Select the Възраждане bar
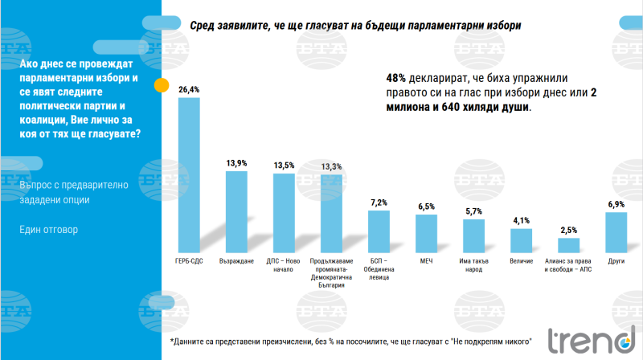coord(236,212)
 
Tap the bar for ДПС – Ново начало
coord(284,214)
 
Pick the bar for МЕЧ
coord(426,234)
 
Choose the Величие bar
coord(522,241)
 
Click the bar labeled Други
coord(616,232)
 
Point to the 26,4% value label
coord(188,90)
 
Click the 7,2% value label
coord(379,202)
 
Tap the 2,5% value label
coord(569,231)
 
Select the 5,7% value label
coord(474,211)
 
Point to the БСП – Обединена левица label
coord(379,269)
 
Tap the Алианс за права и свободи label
coord(569,265)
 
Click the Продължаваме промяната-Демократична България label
coord(331,269)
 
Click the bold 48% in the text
coord(397,79)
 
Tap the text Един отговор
coord(49,229)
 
